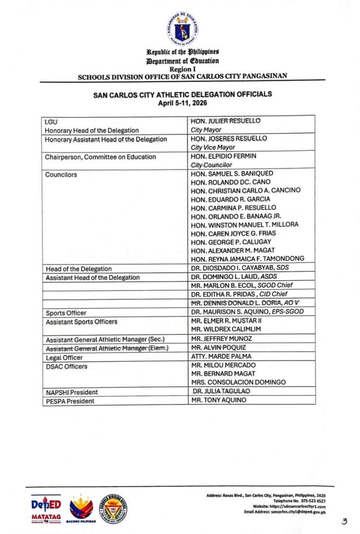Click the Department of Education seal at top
[x=183, y=29]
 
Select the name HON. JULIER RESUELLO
[x=225, y=120]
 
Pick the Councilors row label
[x=61, y=174]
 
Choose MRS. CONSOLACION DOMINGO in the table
[x=238, y=382]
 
